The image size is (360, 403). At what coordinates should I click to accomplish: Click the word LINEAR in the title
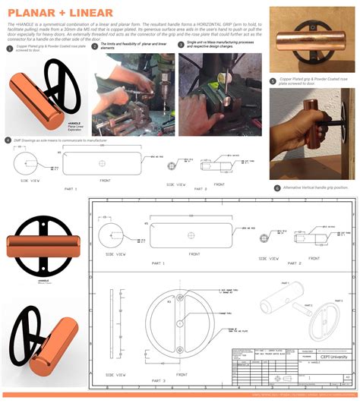tap(91, 13)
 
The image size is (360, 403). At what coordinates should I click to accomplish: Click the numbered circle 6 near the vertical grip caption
tap(276, 187)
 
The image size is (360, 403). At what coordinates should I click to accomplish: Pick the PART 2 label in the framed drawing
tap(294, 263)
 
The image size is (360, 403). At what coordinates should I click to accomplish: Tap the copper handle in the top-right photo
tap(303, 37)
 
